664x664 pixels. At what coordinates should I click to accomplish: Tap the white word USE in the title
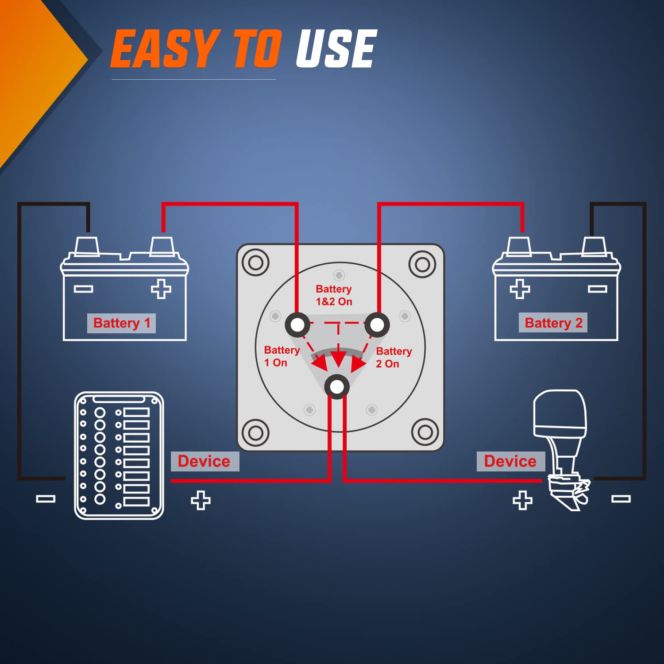pyautogui.click(x=336, y=49)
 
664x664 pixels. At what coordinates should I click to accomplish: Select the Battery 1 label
pyautogui.click(x=122, y=323)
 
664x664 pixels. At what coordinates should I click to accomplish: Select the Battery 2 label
pyautogui.click(x=553, y=323)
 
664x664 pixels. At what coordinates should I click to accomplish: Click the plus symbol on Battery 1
pyautogui.click(x=161, y=289)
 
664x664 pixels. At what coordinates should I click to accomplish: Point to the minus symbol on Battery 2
pyautogui.click(x=597, y=289)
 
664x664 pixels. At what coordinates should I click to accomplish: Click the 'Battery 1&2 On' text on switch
pyautogui.click(x=334, y=295)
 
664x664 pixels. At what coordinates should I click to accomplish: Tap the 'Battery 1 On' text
pyautogui.click(x=281, y=356)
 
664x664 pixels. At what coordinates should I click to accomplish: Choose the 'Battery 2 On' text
pyautogui.click(x=393, y=357)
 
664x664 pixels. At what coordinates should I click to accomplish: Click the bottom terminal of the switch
pyautogui.click(x=337, y=386)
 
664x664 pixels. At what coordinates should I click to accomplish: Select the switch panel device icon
pyautogui.click(x=119, y=455)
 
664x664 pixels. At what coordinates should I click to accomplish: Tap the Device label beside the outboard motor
pyautogui.click(x=510, y=461)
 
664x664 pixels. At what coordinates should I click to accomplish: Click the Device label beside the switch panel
pyautogui.click(x=204, y=461)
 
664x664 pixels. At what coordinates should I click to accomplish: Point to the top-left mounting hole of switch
pyautogui.click(x=255, y=263)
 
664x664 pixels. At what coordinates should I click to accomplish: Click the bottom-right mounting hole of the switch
pyautogui.click(x=425, y=432)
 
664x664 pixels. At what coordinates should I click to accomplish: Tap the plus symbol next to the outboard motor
pyautogui.click(x=522, y=500)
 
